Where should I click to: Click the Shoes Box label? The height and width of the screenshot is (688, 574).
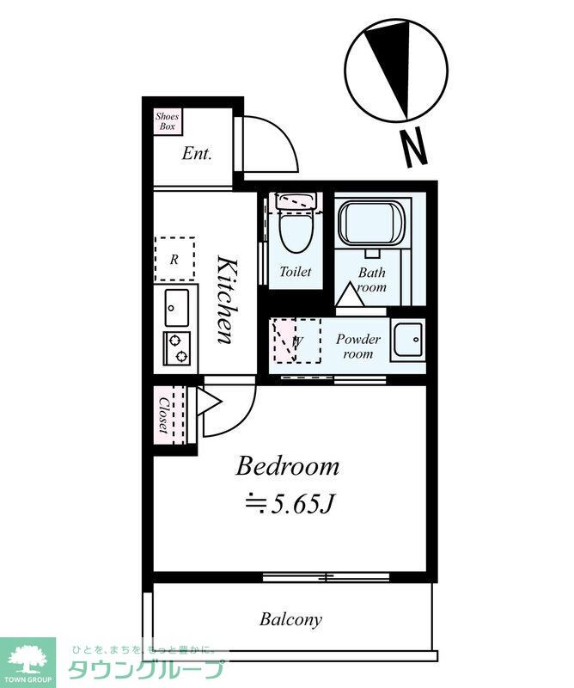[x=167, y=121]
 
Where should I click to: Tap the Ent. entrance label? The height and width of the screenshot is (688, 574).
[x=197, y=154]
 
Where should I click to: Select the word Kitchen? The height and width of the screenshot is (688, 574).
[x=228, y=300]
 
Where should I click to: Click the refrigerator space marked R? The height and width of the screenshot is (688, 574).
[x=174, y=260]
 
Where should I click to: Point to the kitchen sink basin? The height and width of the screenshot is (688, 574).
[x=177, y=308]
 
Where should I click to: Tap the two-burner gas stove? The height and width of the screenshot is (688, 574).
[x=177, y=348]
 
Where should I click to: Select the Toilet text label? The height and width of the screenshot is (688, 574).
[x=296, y=272]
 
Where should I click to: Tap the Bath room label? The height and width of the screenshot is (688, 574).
[x=372, y=279]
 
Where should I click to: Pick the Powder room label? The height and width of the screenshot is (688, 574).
[x=358, y=346]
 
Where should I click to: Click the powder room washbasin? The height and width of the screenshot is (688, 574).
[x=408, y=341]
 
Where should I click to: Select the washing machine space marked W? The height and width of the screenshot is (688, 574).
[x=296, y=341]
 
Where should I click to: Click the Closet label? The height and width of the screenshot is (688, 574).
[x=164, y=415]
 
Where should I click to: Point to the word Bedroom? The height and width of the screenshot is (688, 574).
[x=288, y=466]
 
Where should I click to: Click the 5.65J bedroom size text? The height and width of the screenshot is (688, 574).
[x=291, y=505]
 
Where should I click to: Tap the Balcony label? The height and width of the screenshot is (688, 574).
[x=290, y=619]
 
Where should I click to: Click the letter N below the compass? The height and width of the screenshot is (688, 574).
[x=414, y=147]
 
